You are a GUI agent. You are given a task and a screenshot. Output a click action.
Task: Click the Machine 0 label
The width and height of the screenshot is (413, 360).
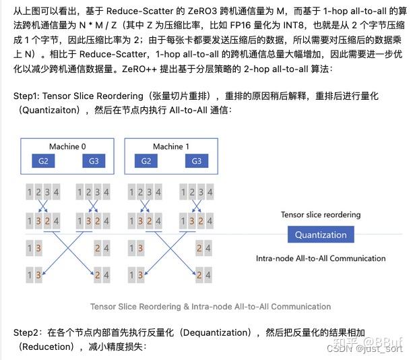(67, 146)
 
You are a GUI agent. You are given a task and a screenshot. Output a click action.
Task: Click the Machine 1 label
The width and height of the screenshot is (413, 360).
(171, 146)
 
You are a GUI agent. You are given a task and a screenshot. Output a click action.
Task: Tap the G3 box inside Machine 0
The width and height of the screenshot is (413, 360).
(93, 161)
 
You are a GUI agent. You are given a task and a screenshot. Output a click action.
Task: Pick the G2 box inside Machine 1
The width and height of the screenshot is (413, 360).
(146, 161)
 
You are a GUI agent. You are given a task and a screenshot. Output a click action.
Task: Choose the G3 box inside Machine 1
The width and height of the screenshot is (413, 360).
(197, 161)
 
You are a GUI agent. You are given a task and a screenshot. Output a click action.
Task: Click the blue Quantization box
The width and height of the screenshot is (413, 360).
(321, 235)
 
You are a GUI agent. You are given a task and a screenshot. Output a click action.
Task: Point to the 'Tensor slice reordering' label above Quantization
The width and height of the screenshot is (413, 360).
(321, 214)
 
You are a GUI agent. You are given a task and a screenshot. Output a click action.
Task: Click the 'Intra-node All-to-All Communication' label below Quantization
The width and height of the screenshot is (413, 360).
(321, 258)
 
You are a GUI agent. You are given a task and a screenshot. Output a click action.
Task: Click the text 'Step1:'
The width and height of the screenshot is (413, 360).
(28, 96)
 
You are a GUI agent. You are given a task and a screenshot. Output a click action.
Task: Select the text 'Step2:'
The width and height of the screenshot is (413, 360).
(28, 333)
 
